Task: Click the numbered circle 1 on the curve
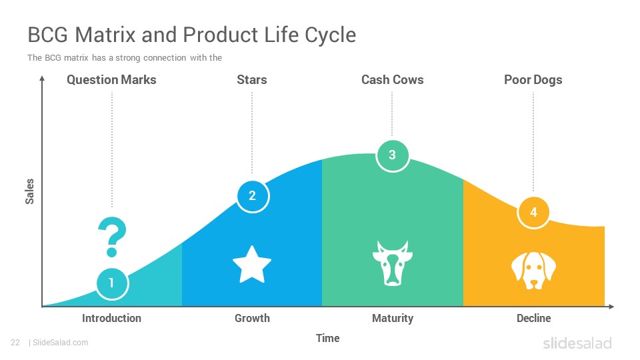coord(112,283)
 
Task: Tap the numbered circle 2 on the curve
coord(253,196)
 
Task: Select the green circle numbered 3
coord(392,155)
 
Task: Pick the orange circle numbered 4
coord(533,212)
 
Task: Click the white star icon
coord(252,265)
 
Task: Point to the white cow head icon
coord(393,263)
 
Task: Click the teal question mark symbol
coord(112,237)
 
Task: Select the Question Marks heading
coord(111,79)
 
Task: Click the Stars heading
coord(252,79)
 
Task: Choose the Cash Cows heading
coord(392,79)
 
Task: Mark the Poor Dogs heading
coord(533,80)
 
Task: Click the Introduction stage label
coord(111,318)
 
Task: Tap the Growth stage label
coord(252,318)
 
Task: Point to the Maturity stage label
coord(393,319)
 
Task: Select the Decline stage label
coord(533,318)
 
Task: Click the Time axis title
coord(328,338)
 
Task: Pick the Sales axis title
coord(29,191)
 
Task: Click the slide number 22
coord(15,343)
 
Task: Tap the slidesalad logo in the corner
coord(577,343)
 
